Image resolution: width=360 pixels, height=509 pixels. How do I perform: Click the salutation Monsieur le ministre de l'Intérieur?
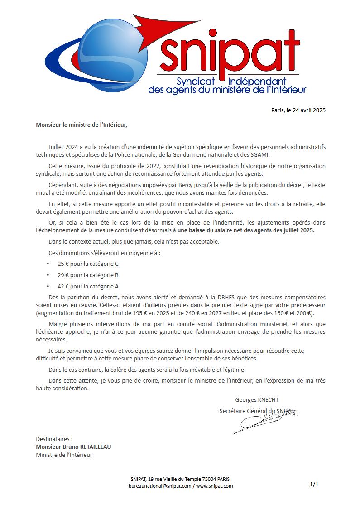pyautogui.click(x=82, y=125)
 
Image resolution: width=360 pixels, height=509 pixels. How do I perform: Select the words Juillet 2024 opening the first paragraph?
pyautogui.click(x=62, y=147)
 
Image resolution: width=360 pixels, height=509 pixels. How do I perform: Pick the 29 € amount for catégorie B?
pyautogui.click(x=63, y=275)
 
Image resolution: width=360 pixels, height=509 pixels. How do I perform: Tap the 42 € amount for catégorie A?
pyautogui.click(x=63, y=286)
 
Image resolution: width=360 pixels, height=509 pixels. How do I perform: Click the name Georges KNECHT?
pyautogui.click(x=257, y=399)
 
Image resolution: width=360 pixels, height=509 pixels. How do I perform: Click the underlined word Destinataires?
pyautogui.click(x=53, y=439)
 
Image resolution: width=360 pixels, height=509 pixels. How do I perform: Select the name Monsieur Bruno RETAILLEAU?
pyautogui.click(x=73, y=447)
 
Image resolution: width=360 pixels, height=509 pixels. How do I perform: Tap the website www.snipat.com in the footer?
pyautogui.click(x=215, y=486)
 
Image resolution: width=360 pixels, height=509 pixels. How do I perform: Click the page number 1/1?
pyautogui.click(x=314, y=485)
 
